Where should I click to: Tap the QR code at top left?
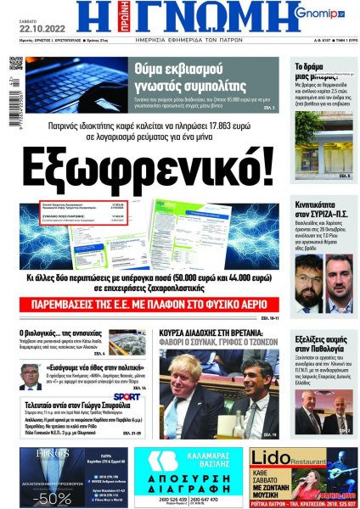[17, 64]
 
